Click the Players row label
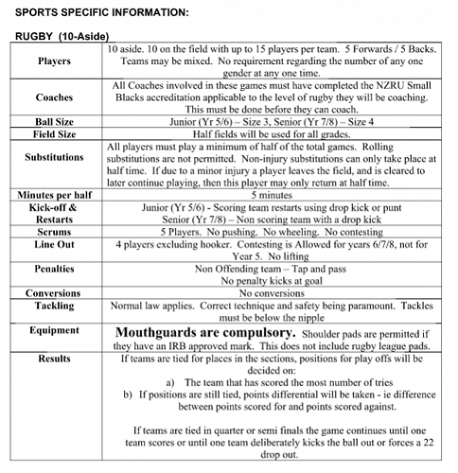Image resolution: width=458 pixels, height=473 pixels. (53, 61)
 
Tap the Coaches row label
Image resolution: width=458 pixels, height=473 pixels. (53, 97)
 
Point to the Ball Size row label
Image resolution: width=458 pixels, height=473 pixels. (53, 121)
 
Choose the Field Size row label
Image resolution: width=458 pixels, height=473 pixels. (53, 134)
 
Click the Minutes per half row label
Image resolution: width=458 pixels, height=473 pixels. (53, 193)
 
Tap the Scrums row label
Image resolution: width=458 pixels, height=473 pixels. (53, 230)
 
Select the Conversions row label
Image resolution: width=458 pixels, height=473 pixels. (53, 292)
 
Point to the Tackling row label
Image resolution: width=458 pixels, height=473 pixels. (53, 306)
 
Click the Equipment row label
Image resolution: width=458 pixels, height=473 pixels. (53, 330)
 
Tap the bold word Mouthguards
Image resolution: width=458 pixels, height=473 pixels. (163, 333)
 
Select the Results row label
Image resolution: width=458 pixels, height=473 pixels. (53, 359)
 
